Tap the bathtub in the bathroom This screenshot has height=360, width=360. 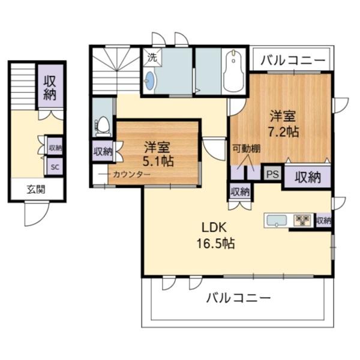click(233, 72)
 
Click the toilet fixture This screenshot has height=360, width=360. click(103, 125)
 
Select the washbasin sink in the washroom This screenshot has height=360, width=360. click(150, 81)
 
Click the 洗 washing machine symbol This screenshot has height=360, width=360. click(152, 58)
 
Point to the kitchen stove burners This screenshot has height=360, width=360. click(302, 220)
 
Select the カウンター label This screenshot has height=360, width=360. click(131, 175)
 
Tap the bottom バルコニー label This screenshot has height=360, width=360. click(239, 298)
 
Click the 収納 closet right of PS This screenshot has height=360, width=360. click(307, 177)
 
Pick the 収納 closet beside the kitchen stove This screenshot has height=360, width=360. click(324, 220)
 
